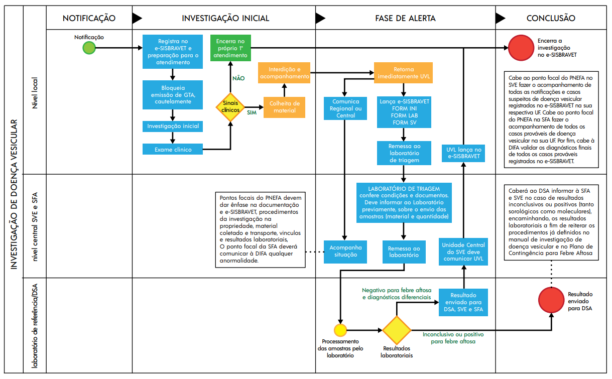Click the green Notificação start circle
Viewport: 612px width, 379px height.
[89, 48]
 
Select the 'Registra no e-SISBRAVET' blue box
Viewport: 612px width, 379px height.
[173, 52]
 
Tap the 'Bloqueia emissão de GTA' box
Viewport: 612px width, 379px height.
[173, 94]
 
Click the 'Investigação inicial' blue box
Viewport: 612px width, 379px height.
[173, 126]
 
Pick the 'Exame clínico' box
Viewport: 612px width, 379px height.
[173, 149]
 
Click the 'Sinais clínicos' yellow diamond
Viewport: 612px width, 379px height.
[231, 106]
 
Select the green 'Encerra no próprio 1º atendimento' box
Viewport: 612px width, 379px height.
[230, 48]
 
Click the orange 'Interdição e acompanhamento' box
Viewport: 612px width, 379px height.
[284, 73]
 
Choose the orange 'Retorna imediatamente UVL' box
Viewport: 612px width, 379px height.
[403, 73]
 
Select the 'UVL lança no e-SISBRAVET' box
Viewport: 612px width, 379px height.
[463, 153]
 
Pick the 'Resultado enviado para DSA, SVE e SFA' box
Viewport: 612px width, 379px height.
[463, 303]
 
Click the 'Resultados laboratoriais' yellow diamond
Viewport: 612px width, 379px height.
[397, 330]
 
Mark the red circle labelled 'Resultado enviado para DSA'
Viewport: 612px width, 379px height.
[551, 300]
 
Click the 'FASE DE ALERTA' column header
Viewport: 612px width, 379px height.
[405, 18]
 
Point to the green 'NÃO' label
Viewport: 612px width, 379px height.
[238, 78]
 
